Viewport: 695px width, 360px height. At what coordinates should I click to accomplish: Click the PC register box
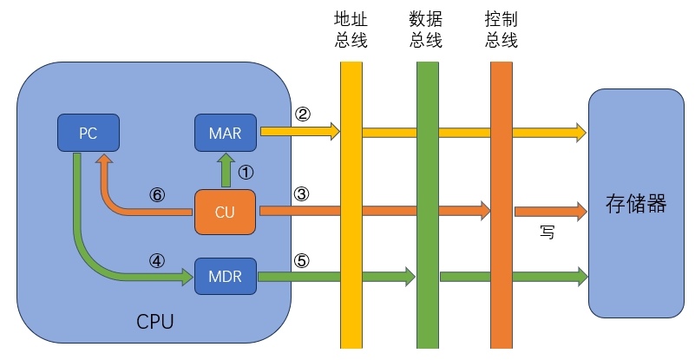click(x=88, y=133)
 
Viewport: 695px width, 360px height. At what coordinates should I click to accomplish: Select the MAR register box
click(x=225, y=133)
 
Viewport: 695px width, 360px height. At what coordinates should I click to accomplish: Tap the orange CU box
click(x=225, y=211)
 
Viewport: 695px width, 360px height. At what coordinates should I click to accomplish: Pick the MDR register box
click(x=225, y=277)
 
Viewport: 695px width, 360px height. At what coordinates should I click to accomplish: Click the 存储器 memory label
click(x=635, y=205)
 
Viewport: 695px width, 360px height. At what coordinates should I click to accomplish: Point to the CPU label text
click(x=155, y=323)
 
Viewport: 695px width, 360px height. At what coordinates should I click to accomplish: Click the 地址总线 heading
click(x=351, y=29)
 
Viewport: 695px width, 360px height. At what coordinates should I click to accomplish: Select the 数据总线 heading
click(x=427, y=29)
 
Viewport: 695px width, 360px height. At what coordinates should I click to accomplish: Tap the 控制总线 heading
click(x=502, y=29)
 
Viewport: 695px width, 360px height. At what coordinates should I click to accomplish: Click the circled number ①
click(x=246, y=172)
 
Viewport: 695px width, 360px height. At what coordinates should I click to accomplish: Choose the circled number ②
click(x=302, y=115)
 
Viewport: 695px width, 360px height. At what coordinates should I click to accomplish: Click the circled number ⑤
click(x=301, y=259)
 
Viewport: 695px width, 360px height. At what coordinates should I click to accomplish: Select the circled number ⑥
click(x=158, y=194)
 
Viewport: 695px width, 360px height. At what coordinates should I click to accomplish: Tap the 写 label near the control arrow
click(x=547, y=232)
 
